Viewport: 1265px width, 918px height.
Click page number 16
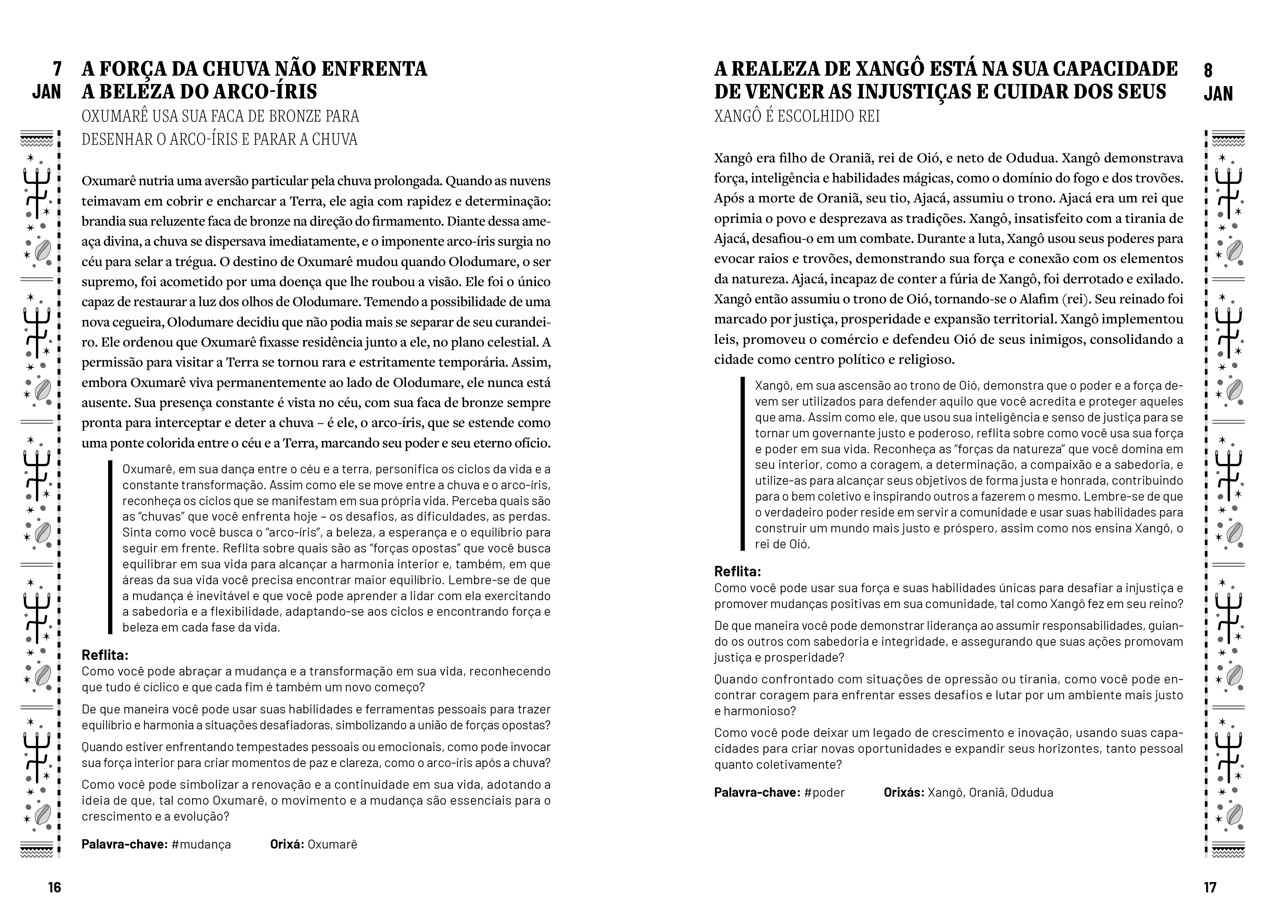[54, 887]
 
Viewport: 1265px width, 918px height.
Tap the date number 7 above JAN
[56, 69]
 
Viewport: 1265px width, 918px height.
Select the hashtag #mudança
[201, 844]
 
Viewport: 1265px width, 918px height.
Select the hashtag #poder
[824, 793]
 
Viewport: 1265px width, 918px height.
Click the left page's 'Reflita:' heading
[105, 655]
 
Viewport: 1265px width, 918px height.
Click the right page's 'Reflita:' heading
[737, 572]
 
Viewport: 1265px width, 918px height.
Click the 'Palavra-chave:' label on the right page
[756, 793]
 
